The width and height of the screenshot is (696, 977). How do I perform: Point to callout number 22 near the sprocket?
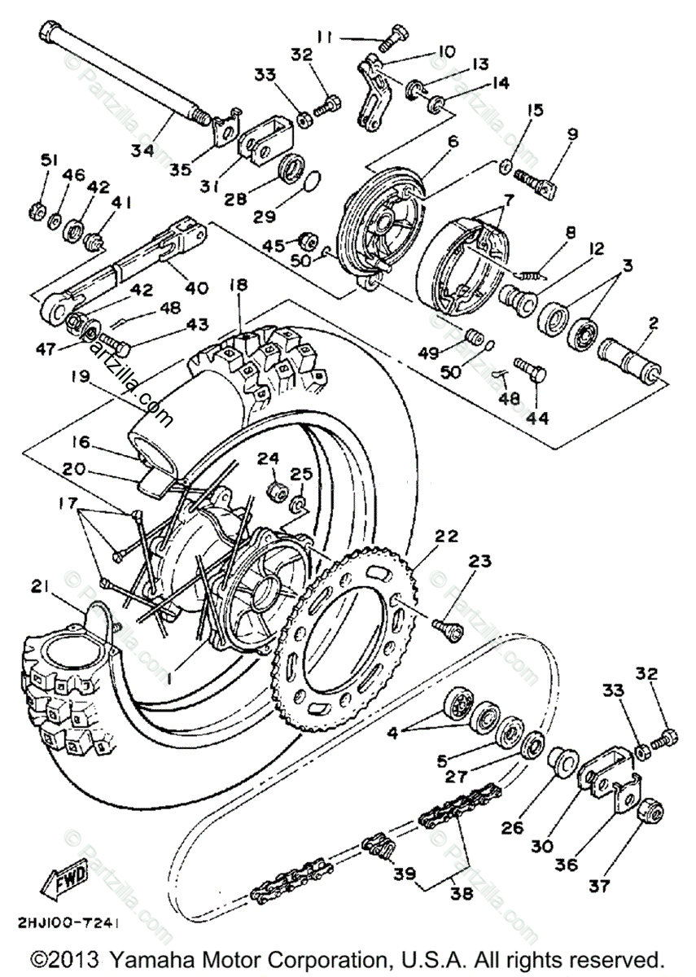tap(446, 536)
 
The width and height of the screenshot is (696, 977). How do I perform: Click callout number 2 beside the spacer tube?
tap(652, 322)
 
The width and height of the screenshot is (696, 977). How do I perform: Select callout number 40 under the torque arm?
tap(198, 287)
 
